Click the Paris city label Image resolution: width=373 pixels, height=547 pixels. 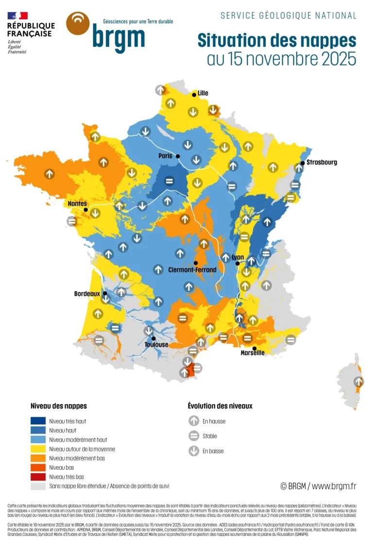point(166,156)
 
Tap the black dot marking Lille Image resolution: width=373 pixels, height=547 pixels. point(194,95)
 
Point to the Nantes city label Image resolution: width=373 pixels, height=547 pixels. point(77,204)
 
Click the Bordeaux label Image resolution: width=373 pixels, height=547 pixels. point(87,294)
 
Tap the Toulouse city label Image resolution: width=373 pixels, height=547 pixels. point(156,345)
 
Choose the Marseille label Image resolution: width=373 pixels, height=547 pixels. point(253,353)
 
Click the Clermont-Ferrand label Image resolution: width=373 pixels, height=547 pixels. point(192,269)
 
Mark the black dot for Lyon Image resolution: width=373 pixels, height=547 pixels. point(237,263)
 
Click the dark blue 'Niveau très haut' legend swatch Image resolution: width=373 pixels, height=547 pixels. point(38,421)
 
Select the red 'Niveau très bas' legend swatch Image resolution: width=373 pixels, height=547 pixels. point(38,477)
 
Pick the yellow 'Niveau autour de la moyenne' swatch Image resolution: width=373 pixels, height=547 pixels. point(38,449)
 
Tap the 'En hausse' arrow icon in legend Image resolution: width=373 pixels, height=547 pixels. point(194,421)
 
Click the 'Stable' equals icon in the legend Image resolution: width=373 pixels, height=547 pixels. point(194,436)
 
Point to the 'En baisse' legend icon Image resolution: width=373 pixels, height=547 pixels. point(194,451)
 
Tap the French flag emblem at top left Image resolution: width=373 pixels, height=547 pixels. point(17,16)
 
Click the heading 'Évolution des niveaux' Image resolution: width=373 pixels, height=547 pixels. point(220,406)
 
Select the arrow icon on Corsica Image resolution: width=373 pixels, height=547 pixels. point(358,381)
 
